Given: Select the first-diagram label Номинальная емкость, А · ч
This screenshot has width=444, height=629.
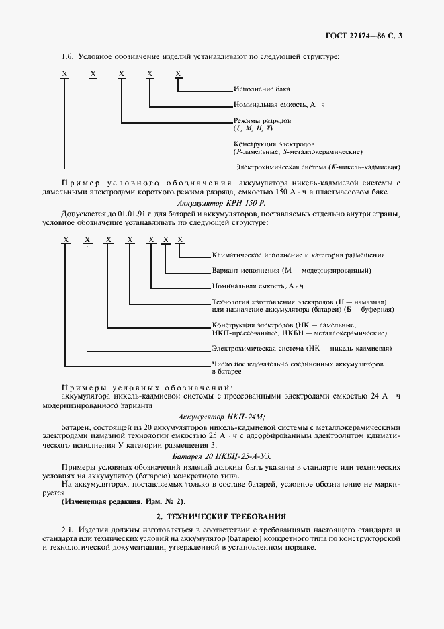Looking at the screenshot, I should (x=279, y=106).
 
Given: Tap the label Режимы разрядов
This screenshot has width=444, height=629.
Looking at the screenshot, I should (x=262, y=121).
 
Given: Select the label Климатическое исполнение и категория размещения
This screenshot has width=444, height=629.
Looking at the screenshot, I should (x=298, y=255).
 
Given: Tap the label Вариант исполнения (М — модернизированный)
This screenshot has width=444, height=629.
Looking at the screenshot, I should (x=292, y=271).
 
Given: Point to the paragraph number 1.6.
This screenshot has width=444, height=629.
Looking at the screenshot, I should (x=66, y=56).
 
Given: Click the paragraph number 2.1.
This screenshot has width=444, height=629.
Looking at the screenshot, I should (x=67, y=530).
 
